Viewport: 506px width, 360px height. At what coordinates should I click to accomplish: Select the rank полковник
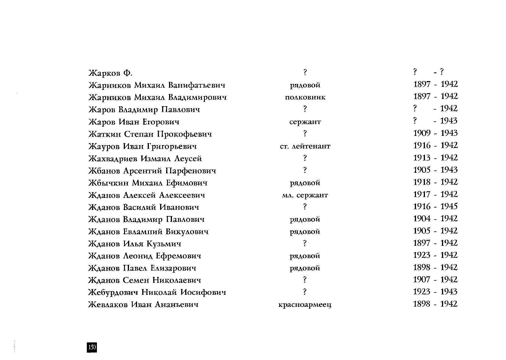305,97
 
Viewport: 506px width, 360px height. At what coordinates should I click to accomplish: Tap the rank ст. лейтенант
305,146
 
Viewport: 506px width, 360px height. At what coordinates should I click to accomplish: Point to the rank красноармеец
305,305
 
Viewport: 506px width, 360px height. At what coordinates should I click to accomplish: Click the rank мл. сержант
305,195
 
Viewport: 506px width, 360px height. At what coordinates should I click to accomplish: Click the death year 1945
449,207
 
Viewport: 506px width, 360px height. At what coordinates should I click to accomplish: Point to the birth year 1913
422,158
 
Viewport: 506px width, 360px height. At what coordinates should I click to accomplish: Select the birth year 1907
422,280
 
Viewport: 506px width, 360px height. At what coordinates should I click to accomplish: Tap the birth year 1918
422,182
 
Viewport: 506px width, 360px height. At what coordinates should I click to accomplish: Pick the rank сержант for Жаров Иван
305,122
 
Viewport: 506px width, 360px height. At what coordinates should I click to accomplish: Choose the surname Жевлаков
108,305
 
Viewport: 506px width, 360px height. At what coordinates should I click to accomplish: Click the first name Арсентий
143,171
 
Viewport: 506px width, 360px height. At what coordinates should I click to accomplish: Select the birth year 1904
422,219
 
